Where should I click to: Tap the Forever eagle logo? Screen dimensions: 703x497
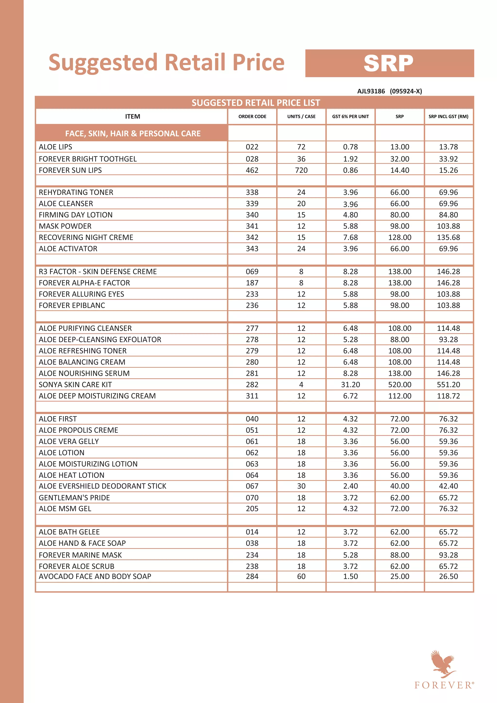(x=443, y=663)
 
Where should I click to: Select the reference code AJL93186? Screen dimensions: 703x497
(x=371, y=91)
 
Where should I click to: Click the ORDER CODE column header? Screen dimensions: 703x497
(x=252, y=117)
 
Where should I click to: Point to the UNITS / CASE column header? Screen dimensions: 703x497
(x=301, y=117)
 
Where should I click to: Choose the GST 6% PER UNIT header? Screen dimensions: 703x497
(x=350, y=117)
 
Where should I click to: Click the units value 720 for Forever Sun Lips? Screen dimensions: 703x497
(x=301, y=170)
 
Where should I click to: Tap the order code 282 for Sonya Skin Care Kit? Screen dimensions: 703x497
(x=252, y=385)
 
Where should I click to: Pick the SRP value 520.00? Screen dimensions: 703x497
(x=400, y=385)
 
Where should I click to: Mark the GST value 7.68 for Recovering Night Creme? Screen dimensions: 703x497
(x=350, y=237)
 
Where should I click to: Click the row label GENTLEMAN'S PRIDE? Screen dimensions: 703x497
(x=74, y=498)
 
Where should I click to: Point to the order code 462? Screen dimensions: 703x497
(x=252, y=170)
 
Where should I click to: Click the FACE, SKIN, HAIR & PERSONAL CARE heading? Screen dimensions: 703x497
(x=133, y=134)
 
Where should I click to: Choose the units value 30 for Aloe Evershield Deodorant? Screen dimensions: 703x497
(x=301, y=486)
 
